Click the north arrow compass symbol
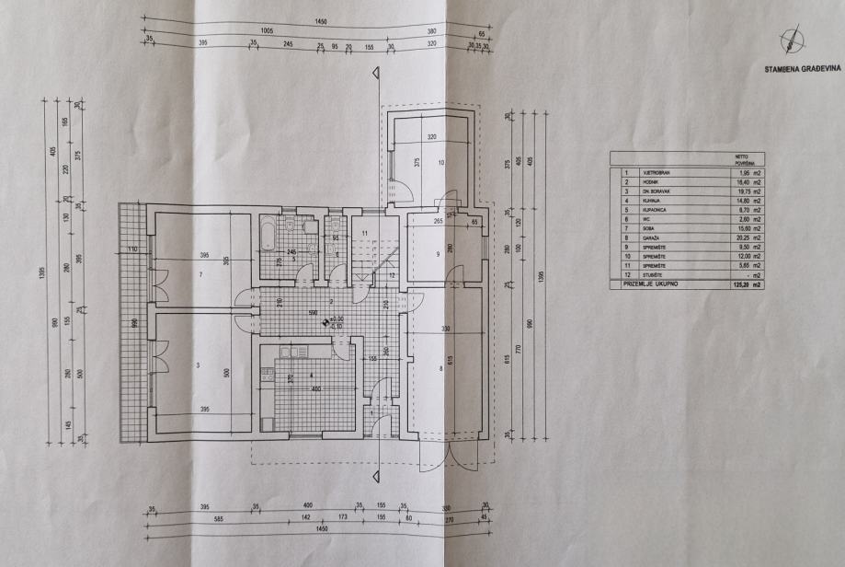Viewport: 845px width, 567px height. pyautogui.click(x=789, y=39)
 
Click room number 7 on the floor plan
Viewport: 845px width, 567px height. pyautogui.click(x=200, y=274)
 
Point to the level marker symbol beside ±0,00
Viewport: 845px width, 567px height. pyautogui.click(x=325, y=321)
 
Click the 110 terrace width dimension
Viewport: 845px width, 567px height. pyautogui.click(x=132, y=249)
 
